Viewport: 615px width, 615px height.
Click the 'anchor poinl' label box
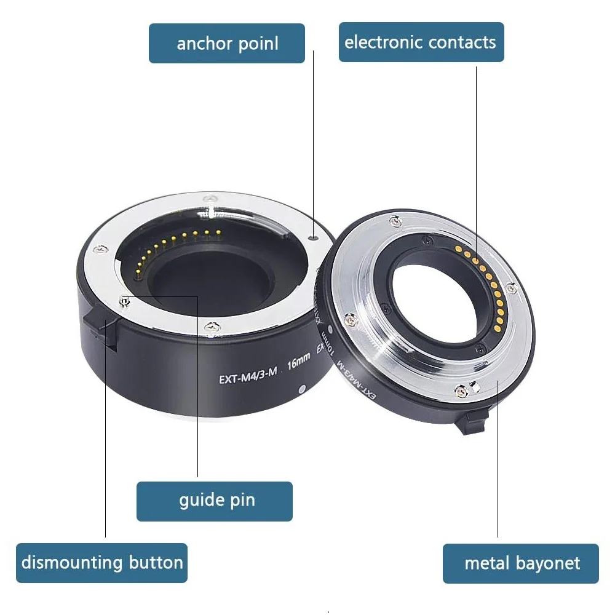click(x=227, y=44)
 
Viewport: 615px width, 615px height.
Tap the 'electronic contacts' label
click(x=421, y=42)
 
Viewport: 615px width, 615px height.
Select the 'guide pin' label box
click(x=215, y=501)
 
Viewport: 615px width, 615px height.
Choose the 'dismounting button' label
click(x=102, y=563)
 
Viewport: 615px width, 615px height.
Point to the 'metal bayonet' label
click(x=521, y=563)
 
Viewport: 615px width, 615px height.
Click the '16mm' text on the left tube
click(x=299, y=363)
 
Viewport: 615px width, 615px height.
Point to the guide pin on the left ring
click(x=125, y=300)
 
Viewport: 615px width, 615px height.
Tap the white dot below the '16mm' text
click(x=302, y=388)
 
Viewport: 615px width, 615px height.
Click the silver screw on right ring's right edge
click(x=510, y=286)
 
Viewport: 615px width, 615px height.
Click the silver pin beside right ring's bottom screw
click(x=475, y=386)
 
